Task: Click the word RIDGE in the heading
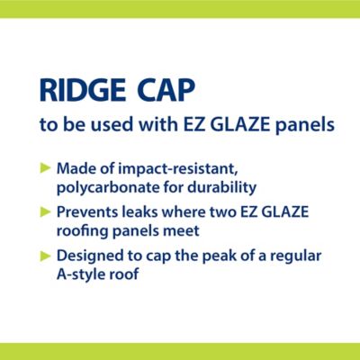[x=83, y=91]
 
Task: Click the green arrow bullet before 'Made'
[x=46, y=168]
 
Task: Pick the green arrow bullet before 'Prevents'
[x=46, y=212]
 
